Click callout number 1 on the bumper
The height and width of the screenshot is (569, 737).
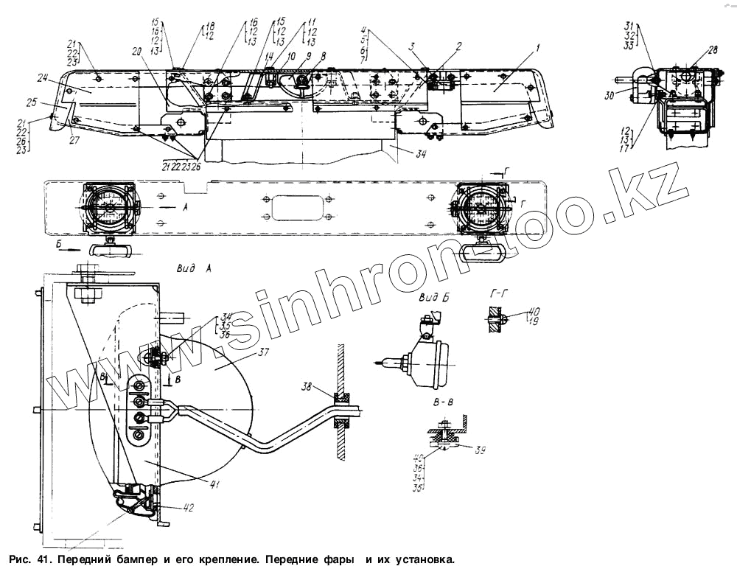click(x=537, y=48)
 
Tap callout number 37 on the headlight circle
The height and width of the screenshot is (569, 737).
click(x=264, y=353)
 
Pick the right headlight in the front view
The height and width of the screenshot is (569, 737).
click(x=479, y=207)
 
